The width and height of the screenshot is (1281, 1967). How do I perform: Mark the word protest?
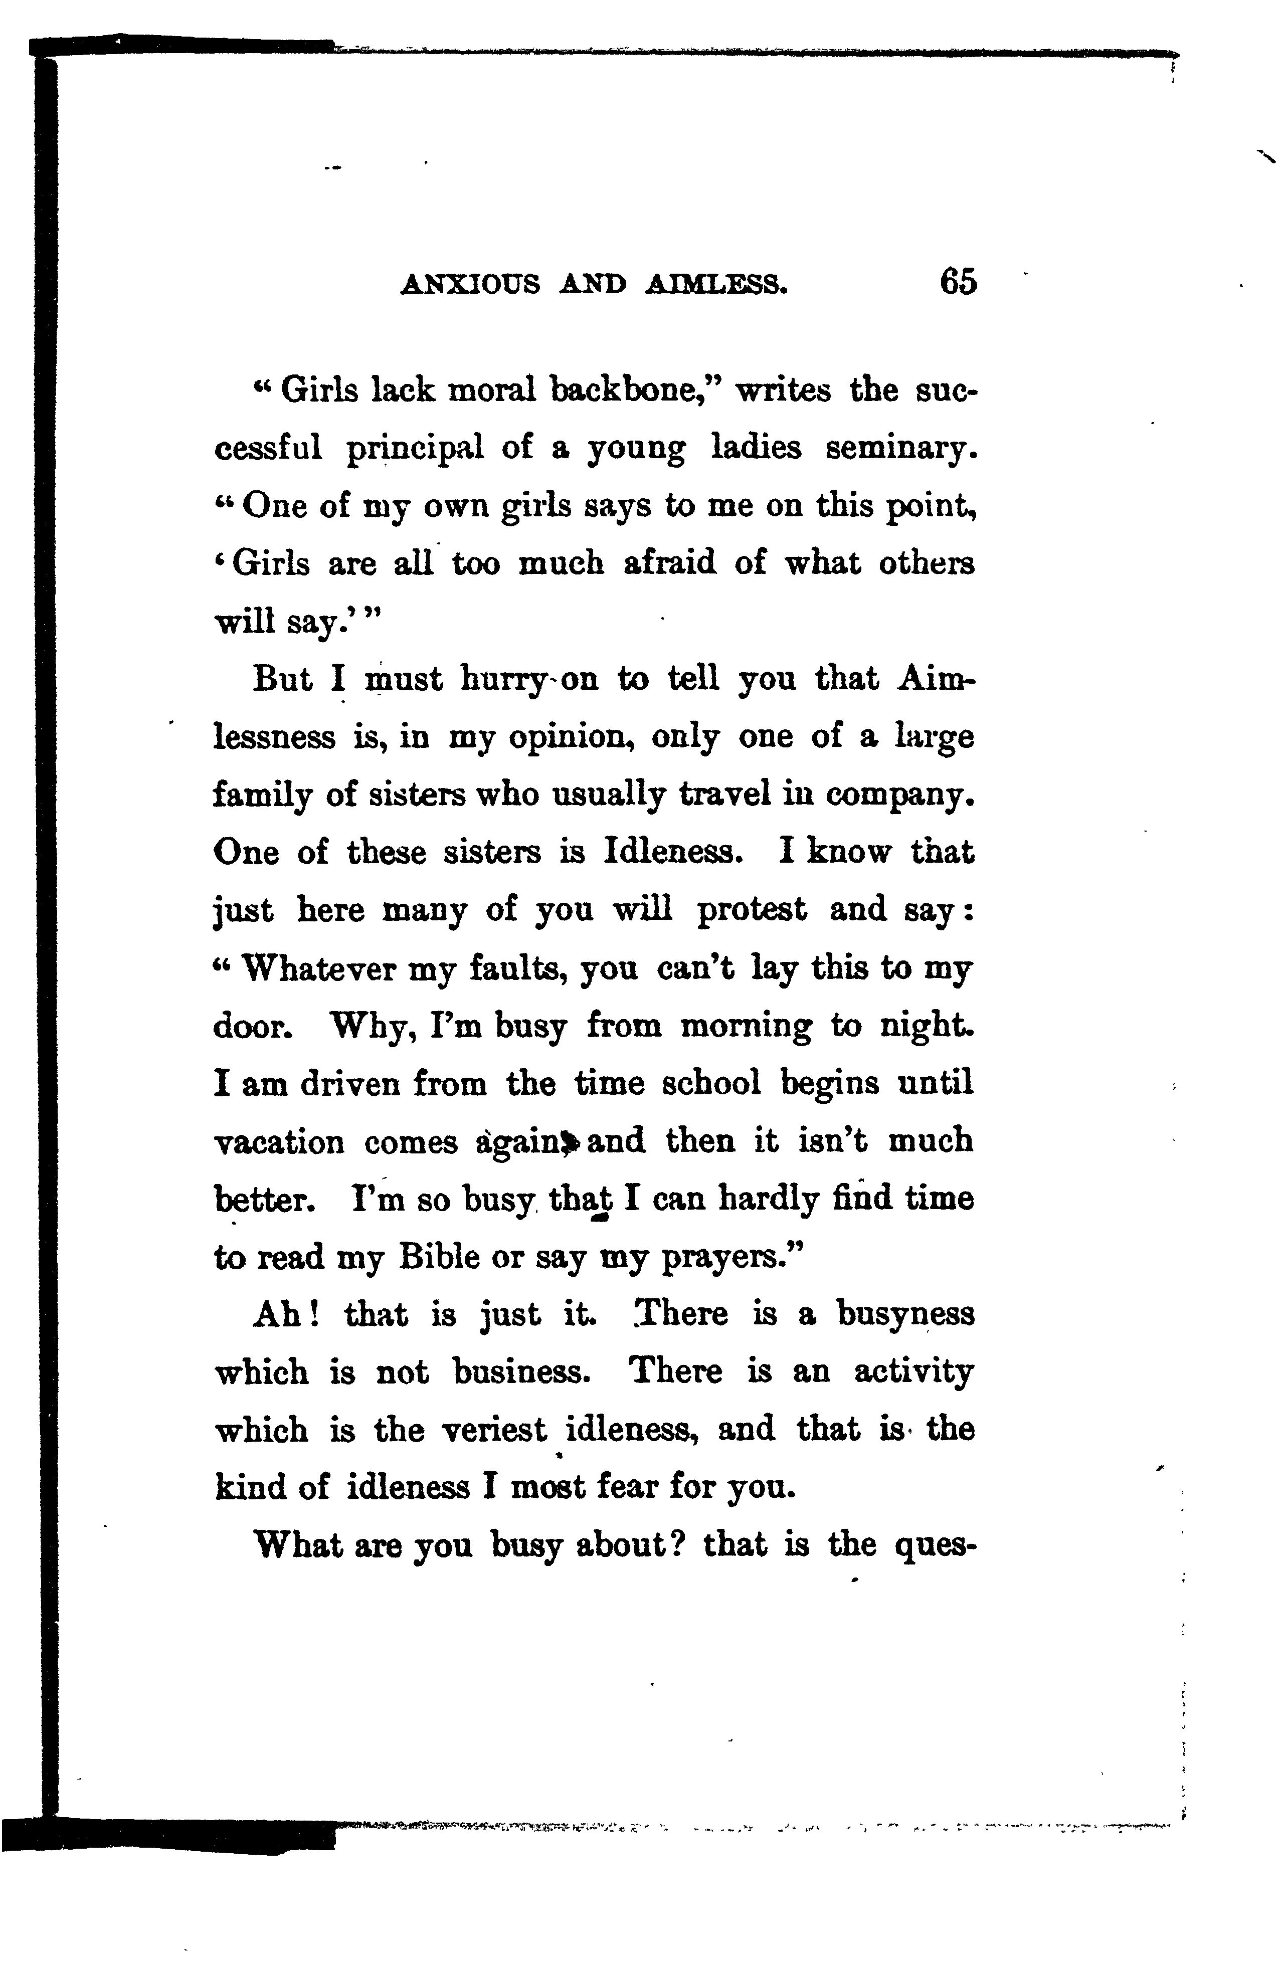tap(751, 911)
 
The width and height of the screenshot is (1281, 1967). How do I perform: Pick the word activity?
tap(913, 1373)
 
